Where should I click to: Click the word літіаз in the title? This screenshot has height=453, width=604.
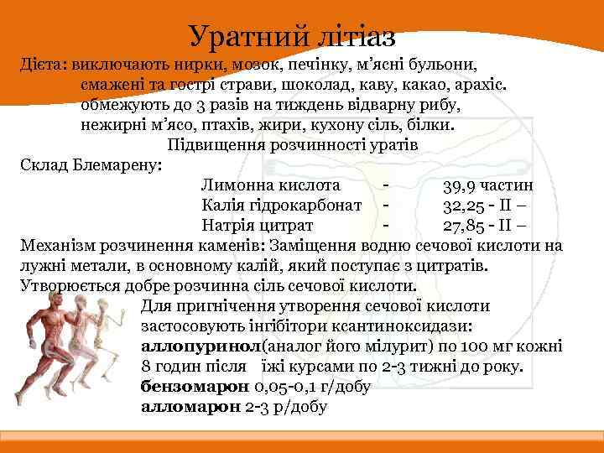coord(349,34)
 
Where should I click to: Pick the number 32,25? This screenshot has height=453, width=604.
coord(466,205)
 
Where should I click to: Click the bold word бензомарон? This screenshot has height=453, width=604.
coord(195,388)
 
